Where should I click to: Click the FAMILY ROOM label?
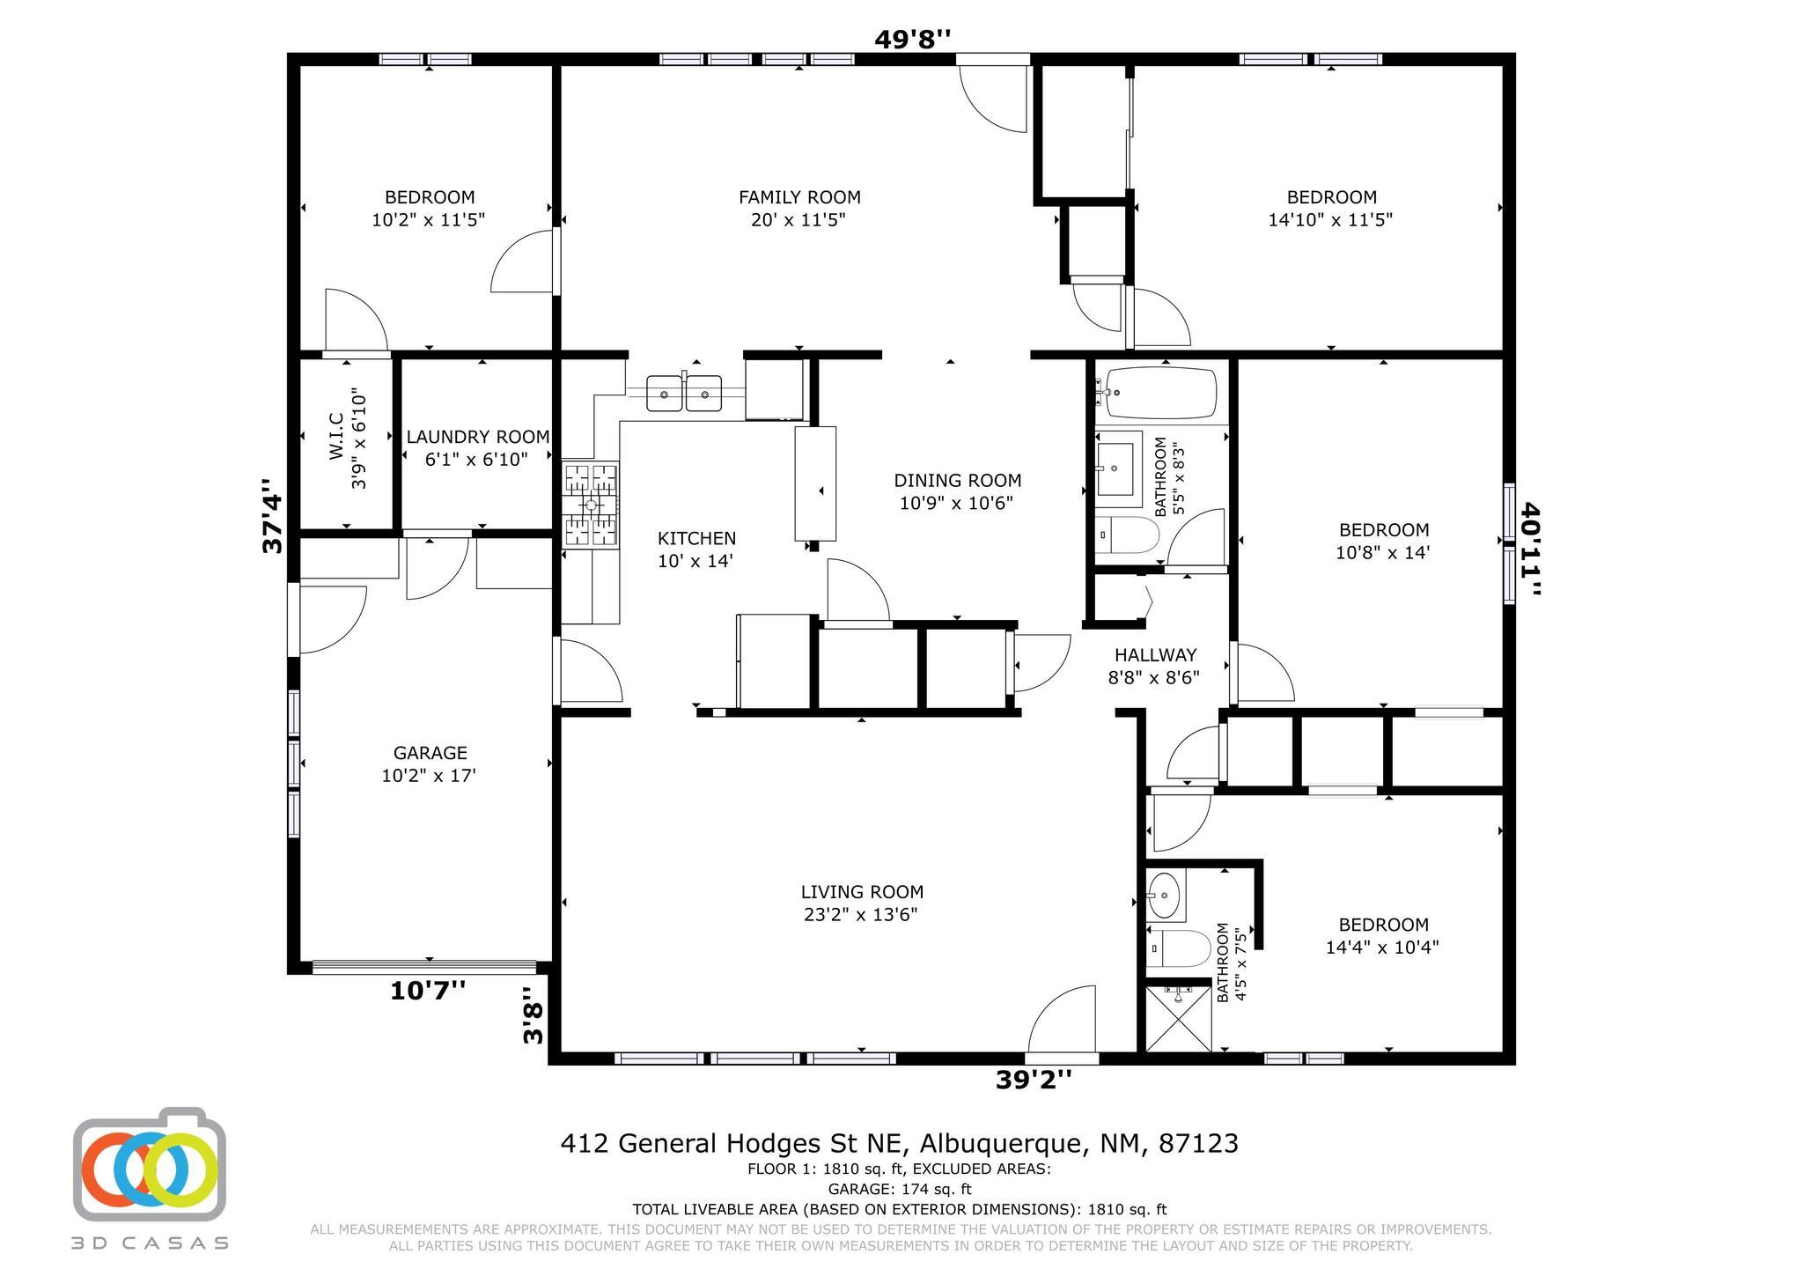point(799,197)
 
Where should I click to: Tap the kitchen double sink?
point(684,393)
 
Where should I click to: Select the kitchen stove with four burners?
point(591,505)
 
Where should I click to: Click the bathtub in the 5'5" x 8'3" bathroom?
point(1160,393)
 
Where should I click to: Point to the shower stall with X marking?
point(1179,1019)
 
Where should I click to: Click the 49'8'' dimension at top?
point(912,39)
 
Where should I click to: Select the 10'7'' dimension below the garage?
point(428,991)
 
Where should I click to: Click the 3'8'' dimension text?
point(533,1014)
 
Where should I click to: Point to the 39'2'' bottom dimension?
point(1034,1079)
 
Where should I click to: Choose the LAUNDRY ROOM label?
point(477,437)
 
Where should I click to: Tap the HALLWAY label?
point(1155,655)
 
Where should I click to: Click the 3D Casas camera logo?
point(150,1164)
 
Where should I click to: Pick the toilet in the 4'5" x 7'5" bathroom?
point(1179,948)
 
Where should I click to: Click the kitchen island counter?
point(815,483)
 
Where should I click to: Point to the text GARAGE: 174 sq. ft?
point(899,1190)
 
